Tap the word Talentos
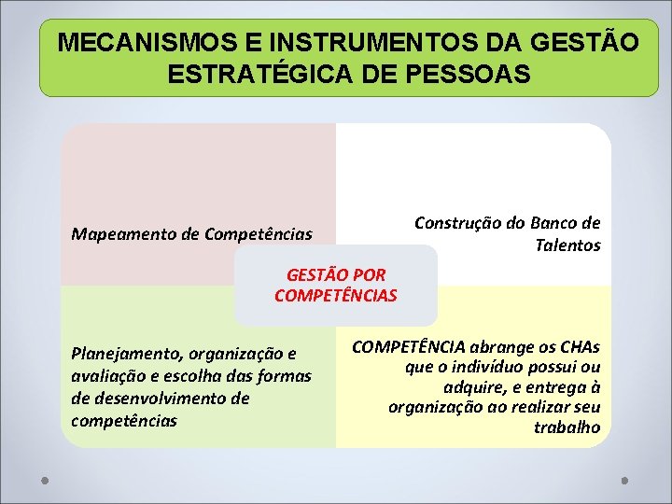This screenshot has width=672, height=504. (x=567, y=245)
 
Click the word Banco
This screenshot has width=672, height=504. (x=553, y=223)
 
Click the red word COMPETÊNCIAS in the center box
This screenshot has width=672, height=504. (x=336, y=296)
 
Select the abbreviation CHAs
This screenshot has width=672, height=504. (x=578, y=345)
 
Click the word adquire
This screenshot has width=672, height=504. (x=475, y=387)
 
